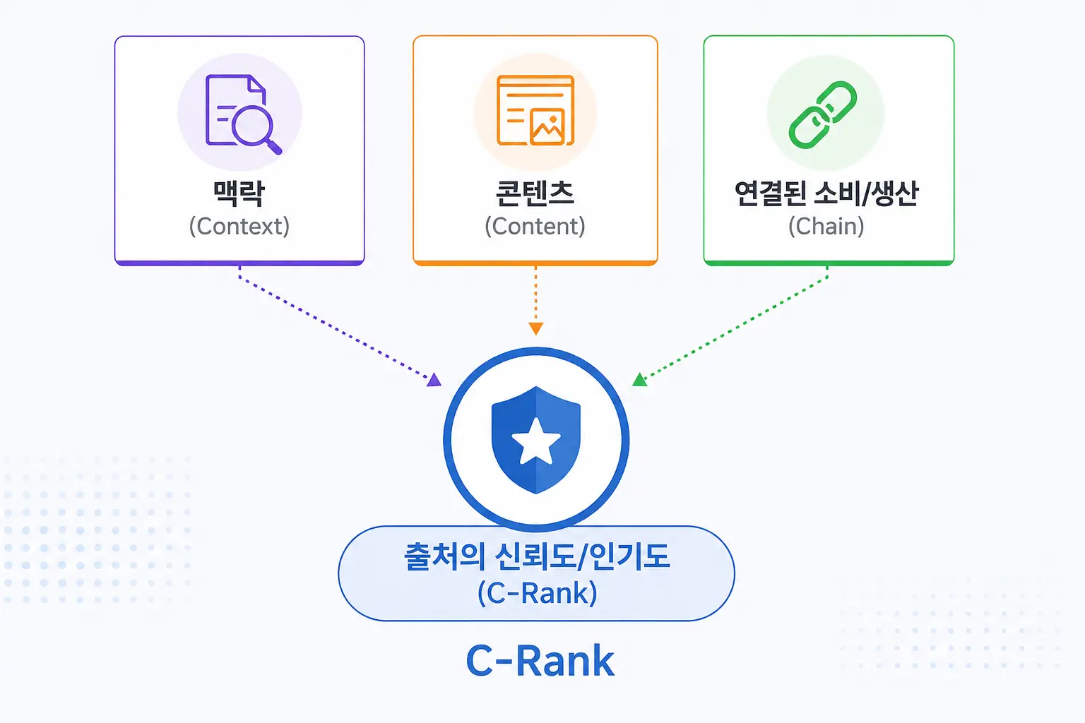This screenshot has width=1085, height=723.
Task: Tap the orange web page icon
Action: pos(535,110)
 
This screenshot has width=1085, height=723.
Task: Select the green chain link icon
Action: pos(822,114)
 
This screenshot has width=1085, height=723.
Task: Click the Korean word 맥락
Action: pos(239,193)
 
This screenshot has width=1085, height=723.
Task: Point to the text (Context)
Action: pos(239,226)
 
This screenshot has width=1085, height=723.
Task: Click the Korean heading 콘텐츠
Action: pos(535,193)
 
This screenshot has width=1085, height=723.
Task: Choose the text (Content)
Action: pos(535,226)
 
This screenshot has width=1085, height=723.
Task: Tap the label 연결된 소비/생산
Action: pos(826,193)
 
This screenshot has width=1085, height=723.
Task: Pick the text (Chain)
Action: pos(826,226)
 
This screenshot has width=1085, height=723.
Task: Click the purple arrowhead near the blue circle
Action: pos(434,380)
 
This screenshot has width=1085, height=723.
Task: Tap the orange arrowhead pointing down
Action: pos(535,329)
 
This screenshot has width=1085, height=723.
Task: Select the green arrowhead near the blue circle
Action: pos(639,380)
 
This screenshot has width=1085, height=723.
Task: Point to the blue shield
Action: pos(535,440)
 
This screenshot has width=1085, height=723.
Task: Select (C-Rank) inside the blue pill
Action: pos(537,593)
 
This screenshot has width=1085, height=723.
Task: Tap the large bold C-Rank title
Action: pos(540,661)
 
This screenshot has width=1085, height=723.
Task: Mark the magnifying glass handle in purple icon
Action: pos(273,147)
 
